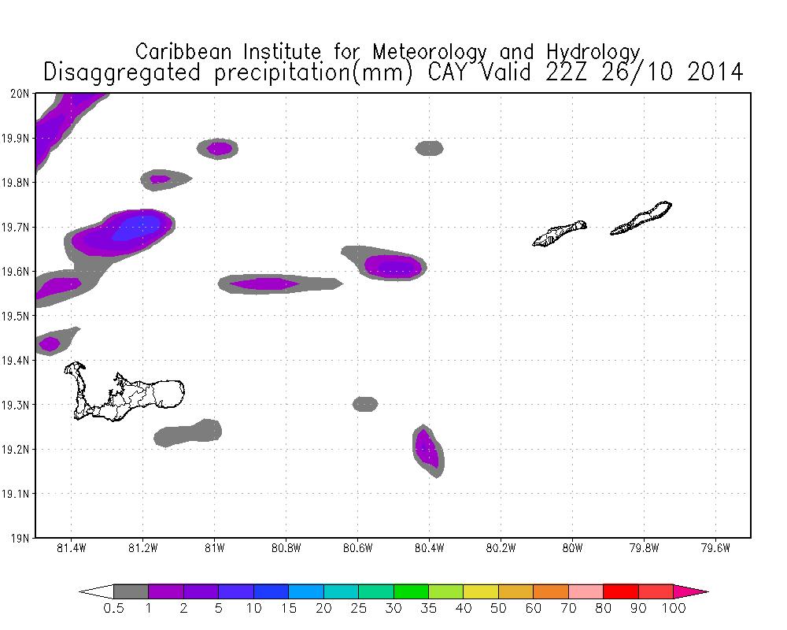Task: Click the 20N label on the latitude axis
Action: click(21, 94)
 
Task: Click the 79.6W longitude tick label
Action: click(715, 547)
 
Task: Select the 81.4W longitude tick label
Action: click(72, 547)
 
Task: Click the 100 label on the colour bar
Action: click(674, 608)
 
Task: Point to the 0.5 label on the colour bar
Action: click(113, 608)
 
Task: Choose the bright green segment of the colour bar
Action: click(411, 591)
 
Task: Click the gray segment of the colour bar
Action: click(131, 591)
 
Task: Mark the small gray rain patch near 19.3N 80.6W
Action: click(365, 404)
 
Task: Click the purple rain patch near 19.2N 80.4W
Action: click(427, 450)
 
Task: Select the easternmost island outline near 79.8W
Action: click(641, 219)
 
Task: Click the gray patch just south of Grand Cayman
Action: click(190, 432)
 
